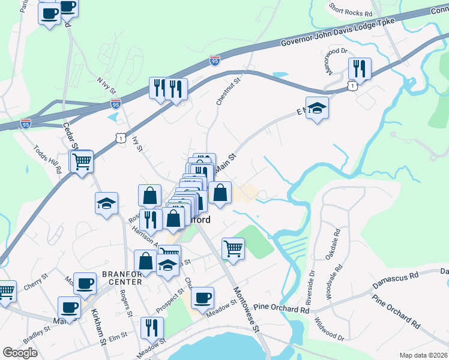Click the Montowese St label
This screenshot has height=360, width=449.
[246, 309]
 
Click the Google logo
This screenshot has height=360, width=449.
[20, 353]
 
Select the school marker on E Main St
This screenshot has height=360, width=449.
[317, 108]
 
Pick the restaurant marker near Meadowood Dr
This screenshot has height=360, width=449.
[359, 68]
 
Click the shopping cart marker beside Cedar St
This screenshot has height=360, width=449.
[82, 160]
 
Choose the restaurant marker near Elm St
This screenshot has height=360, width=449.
[152, 328]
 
